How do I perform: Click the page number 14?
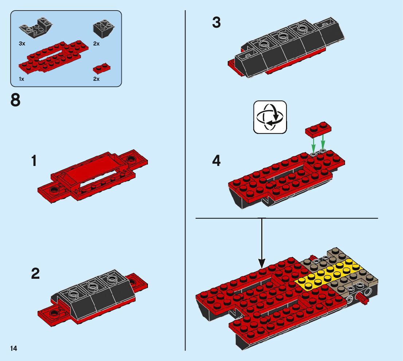coord(14,349)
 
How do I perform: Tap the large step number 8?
coord(16,100)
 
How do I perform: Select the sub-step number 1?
coord(34,161)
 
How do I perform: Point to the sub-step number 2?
coord(35,274)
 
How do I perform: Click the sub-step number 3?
coord(216,23)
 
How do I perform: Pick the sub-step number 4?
coord(216,161)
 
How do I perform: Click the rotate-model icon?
coord(270,117)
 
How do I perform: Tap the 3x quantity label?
coord(22,43)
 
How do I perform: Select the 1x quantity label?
coord(21,79)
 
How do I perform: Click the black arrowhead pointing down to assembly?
coord(262,262)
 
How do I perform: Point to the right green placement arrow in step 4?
coord(323,143)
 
